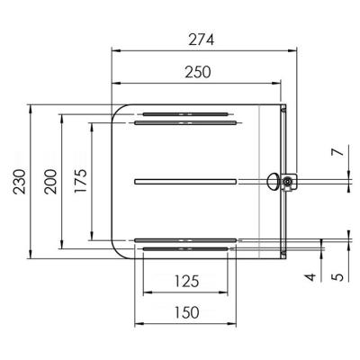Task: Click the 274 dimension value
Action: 201,40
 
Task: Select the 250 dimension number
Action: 198,72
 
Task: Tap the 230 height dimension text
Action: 20,182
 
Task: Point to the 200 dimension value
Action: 50,182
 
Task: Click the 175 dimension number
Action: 81,181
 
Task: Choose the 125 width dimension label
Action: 186,282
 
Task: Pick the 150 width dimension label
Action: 186,312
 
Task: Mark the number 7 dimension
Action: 338,152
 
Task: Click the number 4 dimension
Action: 311,277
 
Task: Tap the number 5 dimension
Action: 338,276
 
